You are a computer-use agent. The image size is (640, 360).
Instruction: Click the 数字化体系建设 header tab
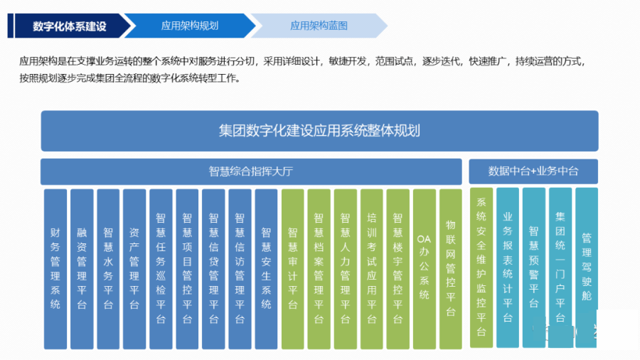tap(69, 26)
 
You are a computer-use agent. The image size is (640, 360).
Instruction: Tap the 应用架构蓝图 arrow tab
tap(319, 26)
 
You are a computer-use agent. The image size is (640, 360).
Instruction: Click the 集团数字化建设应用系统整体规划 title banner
tap(319, 131)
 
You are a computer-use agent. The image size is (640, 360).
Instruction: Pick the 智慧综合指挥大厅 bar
tap(251, 171)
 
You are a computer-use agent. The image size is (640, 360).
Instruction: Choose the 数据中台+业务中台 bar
tap(533, 171)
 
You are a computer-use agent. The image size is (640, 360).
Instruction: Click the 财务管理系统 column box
tap(55, 268)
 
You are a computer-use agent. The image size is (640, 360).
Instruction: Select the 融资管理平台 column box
tap(82, 268)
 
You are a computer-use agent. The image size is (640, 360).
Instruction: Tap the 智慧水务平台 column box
tap(108, 268)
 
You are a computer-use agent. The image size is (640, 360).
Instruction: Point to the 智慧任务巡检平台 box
tap(161, 268)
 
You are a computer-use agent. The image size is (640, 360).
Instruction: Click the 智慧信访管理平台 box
tap(240, 268)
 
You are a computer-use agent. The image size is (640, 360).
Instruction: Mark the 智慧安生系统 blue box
tap(266, 268)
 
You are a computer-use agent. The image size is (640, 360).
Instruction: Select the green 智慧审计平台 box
tap(292, 268)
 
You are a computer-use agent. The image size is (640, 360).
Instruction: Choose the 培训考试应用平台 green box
tap(371, 268)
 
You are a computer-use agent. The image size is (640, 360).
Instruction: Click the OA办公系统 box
tap(424, 268)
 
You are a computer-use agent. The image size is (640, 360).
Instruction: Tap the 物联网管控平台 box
tap(450, 268)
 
